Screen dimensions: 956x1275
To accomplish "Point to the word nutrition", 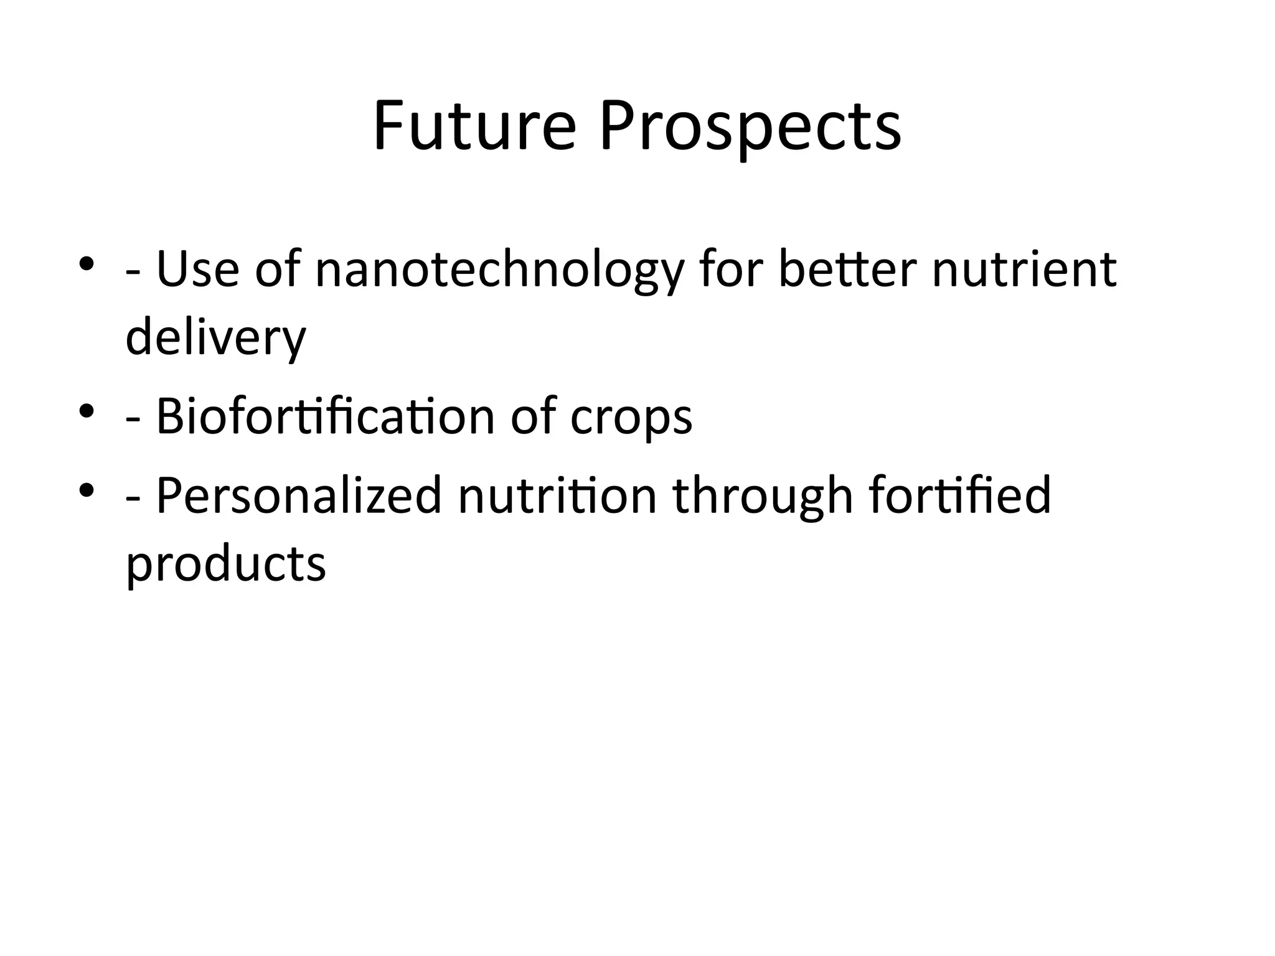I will pyautogui.click(x=558, y=495).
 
